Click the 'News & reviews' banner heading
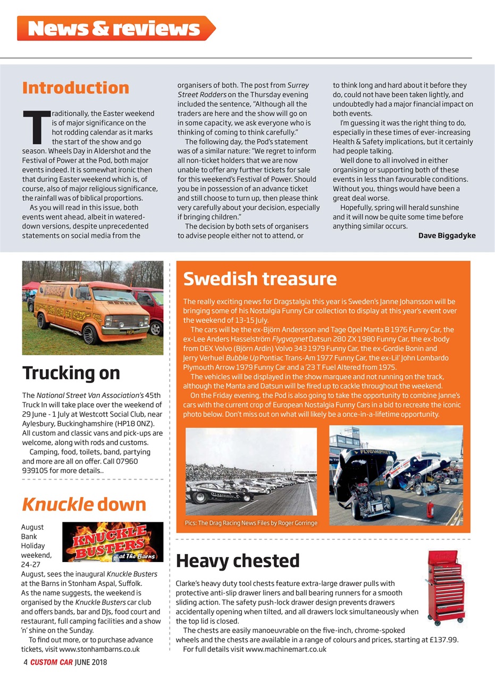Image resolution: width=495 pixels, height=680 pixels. (x=114, y=29)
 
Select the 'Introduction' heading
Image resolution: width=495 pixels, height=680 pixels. (x=75, y=88)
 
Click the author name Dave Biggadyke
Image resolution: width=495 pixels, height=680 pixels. (x=447, y=235)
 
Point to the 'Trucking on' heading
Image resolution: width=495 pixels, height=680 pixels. (x=71, y=373)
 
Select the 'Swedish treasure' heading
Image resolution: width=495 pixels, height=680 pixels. (x=259, y=278)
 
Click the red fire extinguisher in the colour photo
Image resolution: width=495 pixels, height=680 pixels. (x=430, y=509)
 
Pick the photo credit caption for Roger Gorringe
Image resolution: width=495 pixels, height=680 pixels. (x=251, y=523)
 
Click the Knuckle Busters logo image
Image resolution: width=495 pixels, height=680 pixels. (x=113, y=542)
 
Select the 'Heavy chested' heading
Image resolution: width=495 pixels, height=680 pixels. (x=237, y=560)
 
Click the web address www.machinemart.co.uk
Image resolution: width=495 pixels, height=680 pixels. (x=286, y=649)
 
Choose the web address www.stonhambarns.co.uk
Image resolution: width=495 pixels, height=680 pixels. (x=99, y=649)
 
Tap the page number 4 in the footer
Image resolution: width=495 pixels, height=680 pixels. (x=25, y=662)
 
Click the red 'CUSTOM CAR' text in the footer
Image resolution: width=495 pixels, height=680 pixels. (x=51, y=662)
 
